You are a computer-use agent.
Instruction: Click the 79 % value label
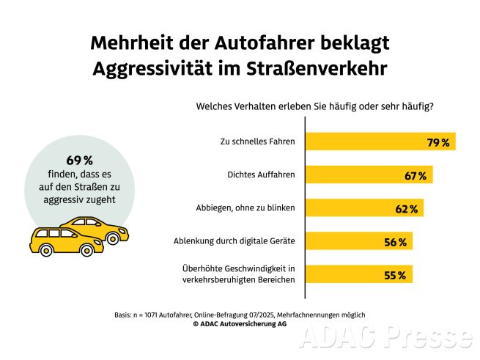point(438,142)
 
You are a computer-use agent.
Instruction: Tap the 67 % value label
point(416,176)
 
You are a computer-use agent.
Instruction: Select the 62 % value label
point(406,209)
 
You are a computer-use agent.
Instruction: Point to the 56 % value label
point(396,242)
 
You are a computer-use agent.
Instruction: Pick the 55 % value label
point(396,276)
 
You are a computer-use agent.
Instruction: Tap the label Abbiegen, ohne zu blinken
point(245,208)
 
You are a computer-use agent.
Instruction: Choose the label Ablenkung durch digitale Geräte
point(234,241)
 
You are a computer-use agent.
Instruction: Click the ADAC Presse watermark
point(386,338)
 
